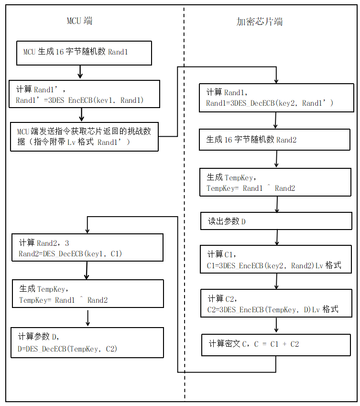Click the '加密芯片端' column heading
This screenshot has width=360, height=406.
click(260, 22)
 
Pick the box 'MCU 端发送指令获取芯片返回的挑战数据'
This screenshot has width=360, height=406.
click(84, 136)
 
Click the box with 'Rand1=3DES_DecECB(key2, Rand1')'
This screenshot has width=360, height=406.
click(276, 98)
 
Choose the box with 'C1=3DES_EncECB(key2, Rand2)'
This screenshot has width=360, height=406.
click(276, 259)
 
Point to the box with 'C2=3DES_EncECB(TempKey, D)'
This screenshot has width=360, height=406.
click(276, 304)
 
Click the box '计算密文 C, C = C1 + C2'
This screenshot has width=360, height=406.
click(276, 344)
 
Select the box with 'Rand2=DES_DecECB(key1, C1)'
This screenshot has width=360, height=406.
click(87, 247)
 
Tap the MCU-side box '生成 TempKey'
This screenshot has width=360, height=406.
click(87, 294)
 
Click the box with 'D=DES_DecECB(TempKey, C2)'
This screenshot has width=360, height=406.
click(87, 342)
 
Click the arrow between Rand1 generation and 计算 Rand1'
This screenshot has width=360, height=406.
click(80, 72)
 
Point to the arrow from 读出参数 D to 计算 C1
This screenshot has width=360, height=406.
click(277, 238)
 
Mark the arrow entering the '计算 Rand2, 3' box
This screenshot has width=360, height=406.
click(87, 226)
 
